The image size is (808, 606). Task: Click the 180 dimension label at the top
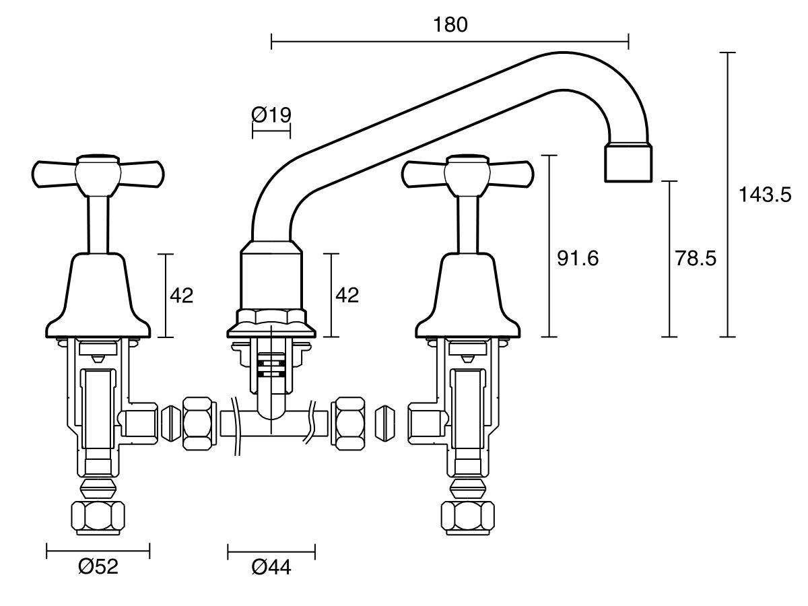click(450, 24)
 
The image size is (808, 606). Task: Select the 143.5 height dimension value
click(765, 195)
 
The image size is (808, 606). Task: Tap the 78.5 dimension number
click(696, 259)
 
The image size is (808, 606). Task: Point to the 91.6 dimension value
click(577, 259)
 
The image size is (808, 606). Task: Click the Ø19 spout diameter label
click(271, 114)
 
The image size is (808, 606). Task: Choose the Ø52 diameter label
click(98, 567)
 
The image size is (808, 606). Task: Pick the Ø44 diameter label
click(271, 568)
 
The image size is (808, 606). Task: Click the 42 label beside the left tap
click(181, 295)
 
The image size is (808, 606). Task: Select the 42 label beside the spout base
click(347, 295)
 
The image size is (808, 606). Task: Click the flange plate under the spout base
click(271, 329)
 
